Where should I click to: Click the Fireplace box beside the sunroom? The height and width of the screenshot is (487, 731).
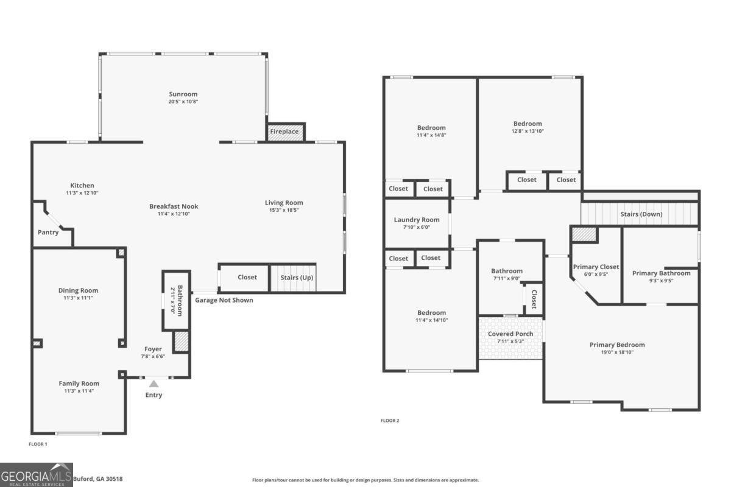click(x=284, y=131)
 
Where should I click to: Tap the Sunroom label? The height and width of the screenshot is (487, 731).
click(x=183, y=94)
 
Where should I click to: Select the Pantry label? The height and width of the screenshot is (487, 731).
click(x=48, y=232)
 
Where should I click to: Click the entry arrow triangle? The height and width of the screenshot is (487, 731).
click(x=154, y=384)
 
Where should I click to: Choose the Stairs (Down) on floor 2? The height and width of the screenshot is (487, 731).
click(x=641, y=214)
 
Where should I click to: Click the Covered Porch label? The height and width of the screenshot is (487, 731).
click(x=510, y=334)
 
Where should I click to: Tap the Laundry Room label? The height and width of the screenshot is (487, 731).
click(x=417, y=220)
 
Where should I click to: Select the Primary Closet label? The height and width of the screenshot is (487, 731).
click(x=596, y=267)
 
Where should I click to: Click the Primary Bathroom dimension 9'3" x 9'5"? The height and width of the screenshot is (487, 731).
click(x=661, y=281)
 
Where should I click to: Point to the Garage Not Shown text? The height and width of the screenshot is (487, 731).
click(x=224, y=300)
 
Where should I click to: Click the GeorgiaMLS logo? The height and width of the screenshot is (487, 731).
click(x=37, y=475)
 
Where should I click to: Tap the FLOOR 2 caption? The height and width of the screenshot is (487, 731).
click(x=390, y=421)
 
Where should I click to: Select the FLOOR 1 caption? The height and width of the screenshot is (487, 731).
click(x=38, y=444)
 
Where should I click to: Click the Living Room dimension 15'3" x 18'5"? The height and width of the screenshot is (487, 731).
click(x=283, y=210)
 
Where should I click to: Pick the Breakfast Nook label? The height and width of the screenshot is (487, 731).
click(x=174, y=206)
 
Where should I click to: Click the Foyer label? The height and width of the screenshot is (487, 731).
click(x=153, y=349)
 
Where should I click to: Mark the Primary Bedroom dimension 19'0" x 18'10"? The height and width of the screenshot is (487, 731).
click(x=616, y=352)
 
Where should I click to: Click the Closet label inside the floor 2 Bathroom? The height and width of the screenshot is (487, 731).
click(x=534, y=299)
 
